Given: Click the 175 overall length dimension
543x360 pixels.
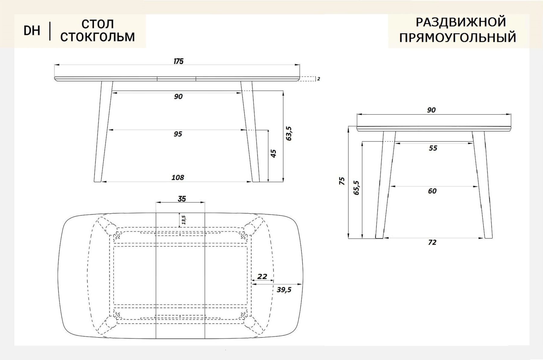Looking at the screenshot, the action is point(178,62).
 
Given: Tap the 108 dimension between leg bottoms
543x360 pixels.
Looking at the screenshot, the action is point(178,178).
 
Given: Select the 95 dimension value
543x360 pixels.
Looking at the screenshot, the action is point(178,134).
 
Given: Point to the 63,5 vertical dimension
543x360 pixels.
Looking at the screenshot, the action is point(289,134).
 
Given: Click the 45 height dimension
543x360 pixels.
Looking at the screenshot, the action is point(273,153).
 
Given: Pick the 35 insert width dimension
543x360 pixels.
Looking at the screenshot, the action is point(182,199).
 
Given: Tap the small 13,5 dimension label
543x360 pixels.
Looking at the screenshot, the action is point(183,220).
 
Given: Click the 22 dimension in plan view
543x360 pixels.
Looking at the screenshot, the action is point(262,276).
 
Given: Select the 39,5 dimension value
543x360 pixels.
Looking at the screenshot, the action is point(284,290).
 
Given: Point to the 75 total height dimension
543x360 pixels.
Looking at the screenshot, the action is point(341,181).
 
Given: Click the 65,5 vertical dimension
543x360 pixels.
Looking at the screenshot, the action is point(356,188).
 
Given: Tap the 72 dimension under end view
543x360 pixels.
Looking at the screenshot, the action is point(432,242).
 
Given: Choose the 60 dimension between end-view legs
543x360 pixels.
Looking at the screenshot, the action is point(432,191).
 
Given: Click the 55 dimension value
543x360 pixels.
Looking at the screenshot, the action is point(433,148).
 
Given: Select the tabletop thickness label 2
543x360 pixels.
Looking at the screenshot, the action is point(319,79).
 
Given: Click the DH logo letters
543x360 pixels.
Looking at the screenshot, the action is point(32,30).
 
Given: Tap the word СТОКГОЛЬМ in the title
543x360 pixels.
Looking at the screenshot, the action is point(97,37).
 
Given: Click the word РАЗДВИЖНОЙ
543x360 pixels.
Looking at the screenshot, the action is point(461,22).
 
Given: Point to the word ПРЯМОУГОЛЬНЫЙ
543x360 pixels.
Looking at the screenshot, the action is point(458,38).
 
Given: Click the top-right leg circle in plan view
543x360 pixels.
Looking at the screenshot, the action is point(249,229).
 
